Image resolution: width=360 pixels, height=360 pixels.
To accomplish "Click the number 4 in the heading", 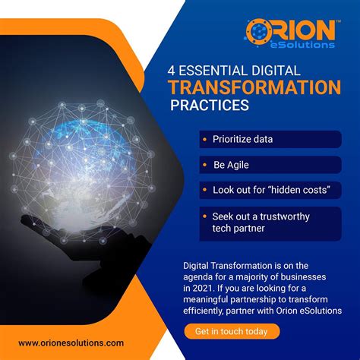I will click(x=172, y=68).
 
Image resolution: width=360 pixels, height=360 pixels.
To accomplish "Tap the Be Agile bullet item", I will click(x=230, y=164).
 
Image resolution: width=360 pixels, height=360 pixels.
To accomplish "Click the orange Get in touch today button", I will click(x=232, y=331).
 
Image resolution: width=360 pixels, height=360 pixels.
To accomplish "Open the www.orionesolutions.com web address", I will click(x=71, y=343).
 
